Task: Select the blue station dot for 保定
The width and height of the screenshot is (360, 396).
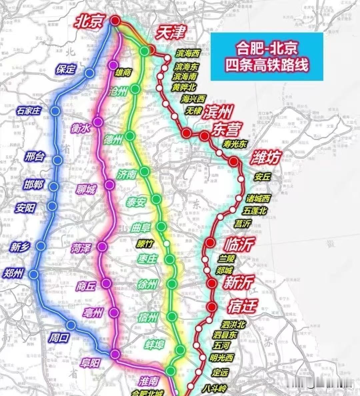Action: point(89,73)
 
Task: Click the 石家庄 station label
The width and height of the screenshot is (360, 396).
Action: point(29,110)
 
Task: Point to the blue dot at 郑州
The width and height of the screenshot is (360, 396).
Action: point(34,274)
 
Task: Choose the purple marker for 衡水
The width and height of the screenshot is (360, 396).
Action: point(98,122)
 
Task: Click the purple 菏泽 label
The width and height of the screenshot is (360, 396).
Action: point(80,248)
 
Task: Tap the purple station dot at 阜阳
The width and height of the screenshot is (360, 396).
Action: point(115,354)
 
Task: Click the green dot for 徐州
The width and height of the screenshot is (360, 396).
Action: point(172,284)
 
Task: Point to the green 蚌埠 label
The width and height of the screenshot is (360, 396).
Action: point(155,344)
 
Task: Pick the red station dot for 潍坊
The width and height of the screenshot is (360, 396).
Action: point(234,162)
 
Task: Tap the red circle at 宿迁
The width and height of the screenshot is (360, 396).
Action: point(212,307)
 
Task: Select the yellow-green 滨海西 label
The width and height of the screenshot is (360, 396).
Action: point(188,53)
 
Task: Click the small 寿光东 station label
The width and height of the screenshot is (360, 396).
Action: point(235,144)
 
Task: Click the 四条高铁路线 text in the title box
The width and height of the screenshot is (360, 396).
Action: point(267,64)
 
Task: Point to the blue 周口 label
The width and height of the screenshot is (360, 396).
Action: point(59,338)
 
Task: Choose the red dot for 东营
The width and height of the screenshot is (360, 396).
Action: point(204,135)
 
